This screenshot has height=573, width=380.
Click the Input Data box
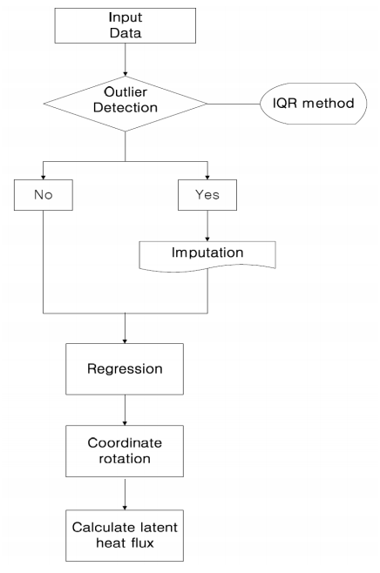pyautogui.click(x=126, y=25)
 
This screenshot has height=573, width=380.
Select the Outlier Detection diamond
pyautogui.click(x=126, y=104)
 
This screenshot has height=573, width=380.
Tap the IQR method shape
pyautogui.click(x=313, y=104)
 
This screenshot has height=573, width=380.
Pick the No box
pyautogui.click(x=44, y=195)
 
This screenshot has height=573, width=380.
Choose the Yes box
pyautogui.click(x=207, y=195)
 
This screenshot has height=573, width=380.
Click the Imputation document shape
pyautogui.click(x=207, y=256)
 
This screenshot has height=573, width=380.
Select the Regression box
pyautogui.click(x=125, y=368)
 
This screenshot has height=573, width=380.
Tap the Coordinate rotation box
pyautogui.click(x=125, y=451)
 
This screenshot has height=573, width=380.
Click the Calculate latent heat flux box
pyautogui.click(x=125, y=536)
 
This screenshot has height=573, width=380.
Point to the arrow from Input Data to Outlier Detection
pyautogui.click(x=126, y=59)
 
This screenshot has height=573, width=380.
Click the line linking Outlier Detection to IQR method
pyautogui.click(x=234, y=104)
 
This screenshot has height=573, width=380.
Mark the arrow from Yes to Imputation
pyautogui.click(x=207, y=226)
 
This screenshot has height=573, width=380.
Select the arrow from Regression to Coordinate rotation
pyautogui.click(x=125, y=410)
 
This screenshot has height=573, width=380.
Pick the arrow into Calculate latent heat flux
pyautogui.click(x=125, y=495)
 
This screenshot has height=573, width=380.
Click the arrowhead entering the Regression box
pyautogui.click(x=125, y=341)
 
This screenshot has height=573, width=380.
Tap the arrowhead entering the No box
pyautogui.click(x=44, y=178)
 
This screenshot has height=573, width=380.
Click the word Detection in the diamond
pyautogui.click(x=126, y=108)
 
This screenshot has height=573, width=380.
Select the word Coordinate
pyautogui.click(x=125, y=443)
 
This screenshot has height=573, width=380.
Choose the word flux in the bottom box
pyautogui.click(x=140, y=543)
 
